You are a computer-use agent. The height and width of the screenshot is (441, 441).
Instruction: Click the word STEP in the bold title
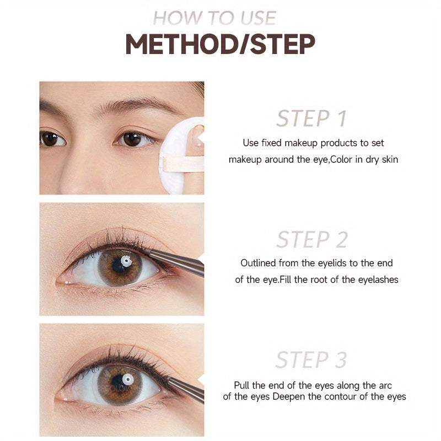tap(283, 44)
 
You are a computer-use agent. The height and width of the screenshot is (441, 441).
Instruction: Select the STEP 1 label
tap(311, 119)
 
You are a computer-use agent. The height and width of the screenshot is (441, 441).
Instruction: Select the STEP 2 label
tap(311, 240)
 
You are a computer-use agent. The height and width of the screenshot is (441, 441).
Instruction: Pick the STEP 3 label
tap(311, 360)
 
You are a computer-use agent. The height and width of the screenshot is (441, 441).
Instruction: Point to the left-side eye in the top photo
tap(51, 138)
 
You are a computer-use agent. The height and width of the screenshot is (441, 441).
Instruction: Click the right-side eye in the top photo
tap(133, 139)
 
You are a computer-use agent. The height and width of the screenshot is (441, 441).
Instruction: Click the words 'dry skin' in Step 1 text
tap(382, 159)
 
